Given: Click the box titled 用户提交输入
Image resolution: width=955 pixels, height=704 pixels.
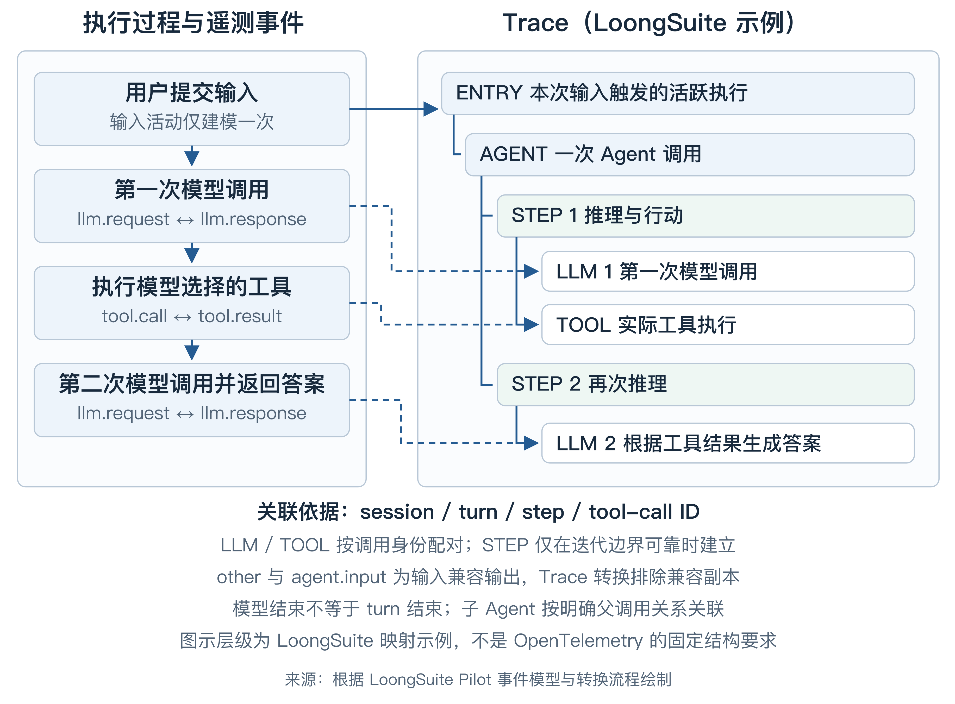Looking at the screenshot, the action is pos(191,109).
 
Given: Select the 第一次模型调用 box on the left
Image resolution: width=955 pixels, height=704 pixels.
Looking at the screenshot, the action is pos(191,206).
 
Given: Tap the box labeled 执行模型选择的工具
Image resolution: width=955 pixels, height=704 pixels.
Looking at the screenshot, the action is pos(191,303).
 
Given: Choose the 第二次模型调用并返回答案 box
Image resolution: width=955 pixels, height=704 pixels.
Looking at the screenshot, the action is pos(191,400).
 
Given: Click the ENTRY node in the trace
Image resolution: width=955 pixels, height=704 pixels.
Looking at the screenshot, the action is pos(678,93).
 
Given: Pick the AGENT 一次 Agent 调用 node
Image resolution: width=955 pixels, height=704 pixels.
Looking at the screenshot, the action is pos(690,155).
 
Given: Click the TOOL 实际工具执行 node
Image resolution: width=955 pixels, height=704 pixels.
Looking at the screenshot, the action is pos(728,325).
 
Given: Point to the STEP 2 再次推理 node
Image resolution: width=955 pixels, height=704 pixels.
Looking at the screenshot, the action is pos(706,384).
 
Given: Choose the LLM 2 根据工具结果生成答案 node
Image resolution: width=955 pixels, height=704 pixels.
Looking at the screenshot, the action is pos(728,443).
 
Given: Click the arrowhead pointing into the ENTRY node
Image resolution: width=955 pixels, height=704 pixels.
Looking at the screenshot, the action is pos(431,109).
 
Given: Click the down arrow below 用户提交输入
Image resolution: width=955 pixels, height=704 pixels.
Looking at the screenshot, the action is pos(192,156).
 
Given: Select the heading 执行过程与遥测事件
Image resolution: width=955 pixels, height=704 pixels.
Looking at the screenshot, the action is pos(193,23).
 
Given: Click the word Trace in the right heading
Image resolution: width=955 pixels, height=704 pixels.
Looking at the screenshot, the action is pos(535,23).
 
